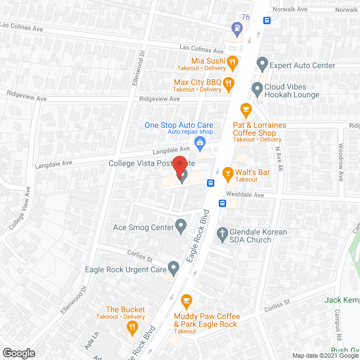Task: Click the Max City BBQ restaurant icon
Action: click(x=228, y=84)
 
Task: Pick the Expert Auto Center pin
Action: click(x=262, y=64)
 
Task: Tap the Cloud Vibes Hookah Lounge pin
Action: click(x=256, y=88)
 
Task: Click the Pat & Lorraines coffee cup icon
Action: click(x=245, y=109)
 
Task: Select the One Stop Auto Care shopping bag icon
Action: click(x=199, y=143)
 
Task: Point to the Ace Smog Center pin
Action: click(x=181, y=226)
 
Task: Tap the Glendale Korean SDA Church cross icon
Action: click(x=222, y=233)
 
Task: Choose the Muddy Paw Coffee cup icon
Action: click(x=187, y=300)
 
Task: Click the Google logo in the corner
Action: click(x=18, y=353)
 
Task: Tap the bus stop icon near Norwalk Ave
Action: click(x=267, y=21)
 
